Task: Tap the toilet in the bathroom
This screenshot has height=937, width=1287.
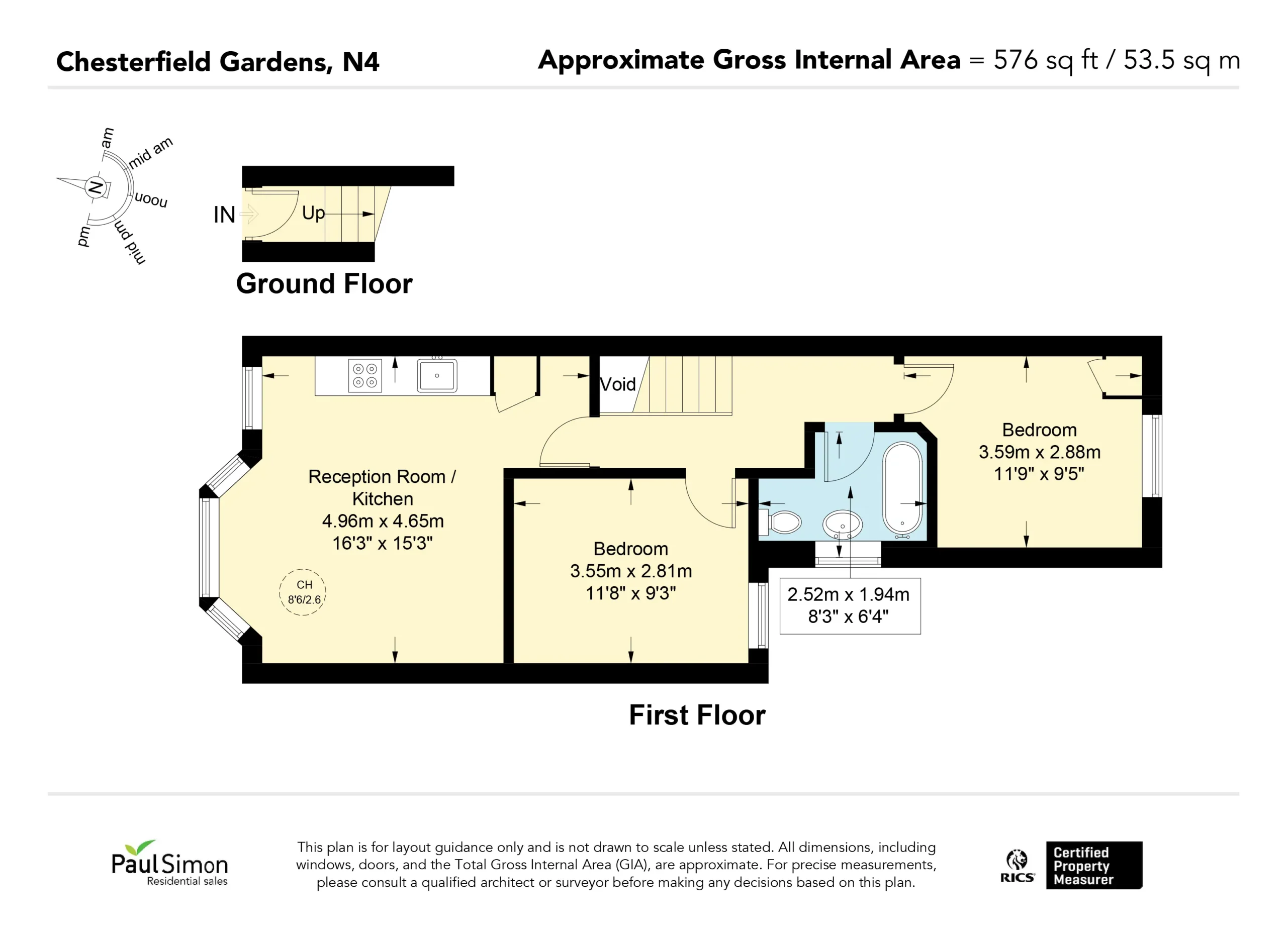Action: click(x=781, y=522)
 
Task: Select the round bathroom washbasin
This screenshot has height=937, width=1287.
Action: click(x=843, y=525)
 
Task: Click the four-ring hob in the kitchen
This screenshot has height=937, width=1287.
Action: click(x=365, y=376)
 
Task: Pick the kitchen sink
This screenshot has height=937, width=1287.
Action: click(x=437, y=375)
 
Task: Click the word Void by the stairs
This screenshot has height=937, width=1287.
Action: click(x=618, y=384)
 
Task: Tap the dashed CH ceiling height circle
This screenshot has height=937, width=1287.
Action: click(x=303, y=592)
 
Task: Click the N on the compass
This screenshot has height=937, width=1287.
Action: click(x=96, y=187)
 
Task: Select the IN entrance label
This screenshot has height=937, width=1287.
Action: click(x=224, y=215)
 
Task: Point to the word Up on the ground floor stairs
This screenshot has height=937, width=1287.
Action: click(x=313, y=213)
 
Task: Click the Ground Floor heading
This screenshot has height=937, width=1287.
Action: click(x=324, y=283)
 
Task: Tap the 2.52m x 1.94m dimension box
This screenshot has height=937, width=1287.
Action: click(x=850, y=606)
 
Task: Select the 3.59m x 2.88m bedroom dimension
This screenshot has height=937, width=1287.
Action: click(x=1040, y=452)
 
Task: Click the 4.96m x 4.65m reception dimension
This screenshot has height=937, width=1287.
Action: click(x=383, y=520)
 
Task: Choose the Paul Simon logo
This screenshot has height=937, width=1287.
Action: click(x=169, y=863)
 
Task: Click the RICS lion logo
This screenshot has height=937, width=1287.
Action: click(x=1017, y=866)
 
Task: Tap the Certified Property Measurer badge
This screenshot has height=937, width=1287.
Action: click(x=1094, y=865)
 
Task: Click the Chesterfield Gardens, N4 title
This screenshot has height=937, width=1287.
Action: click(x=218, y=62)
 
